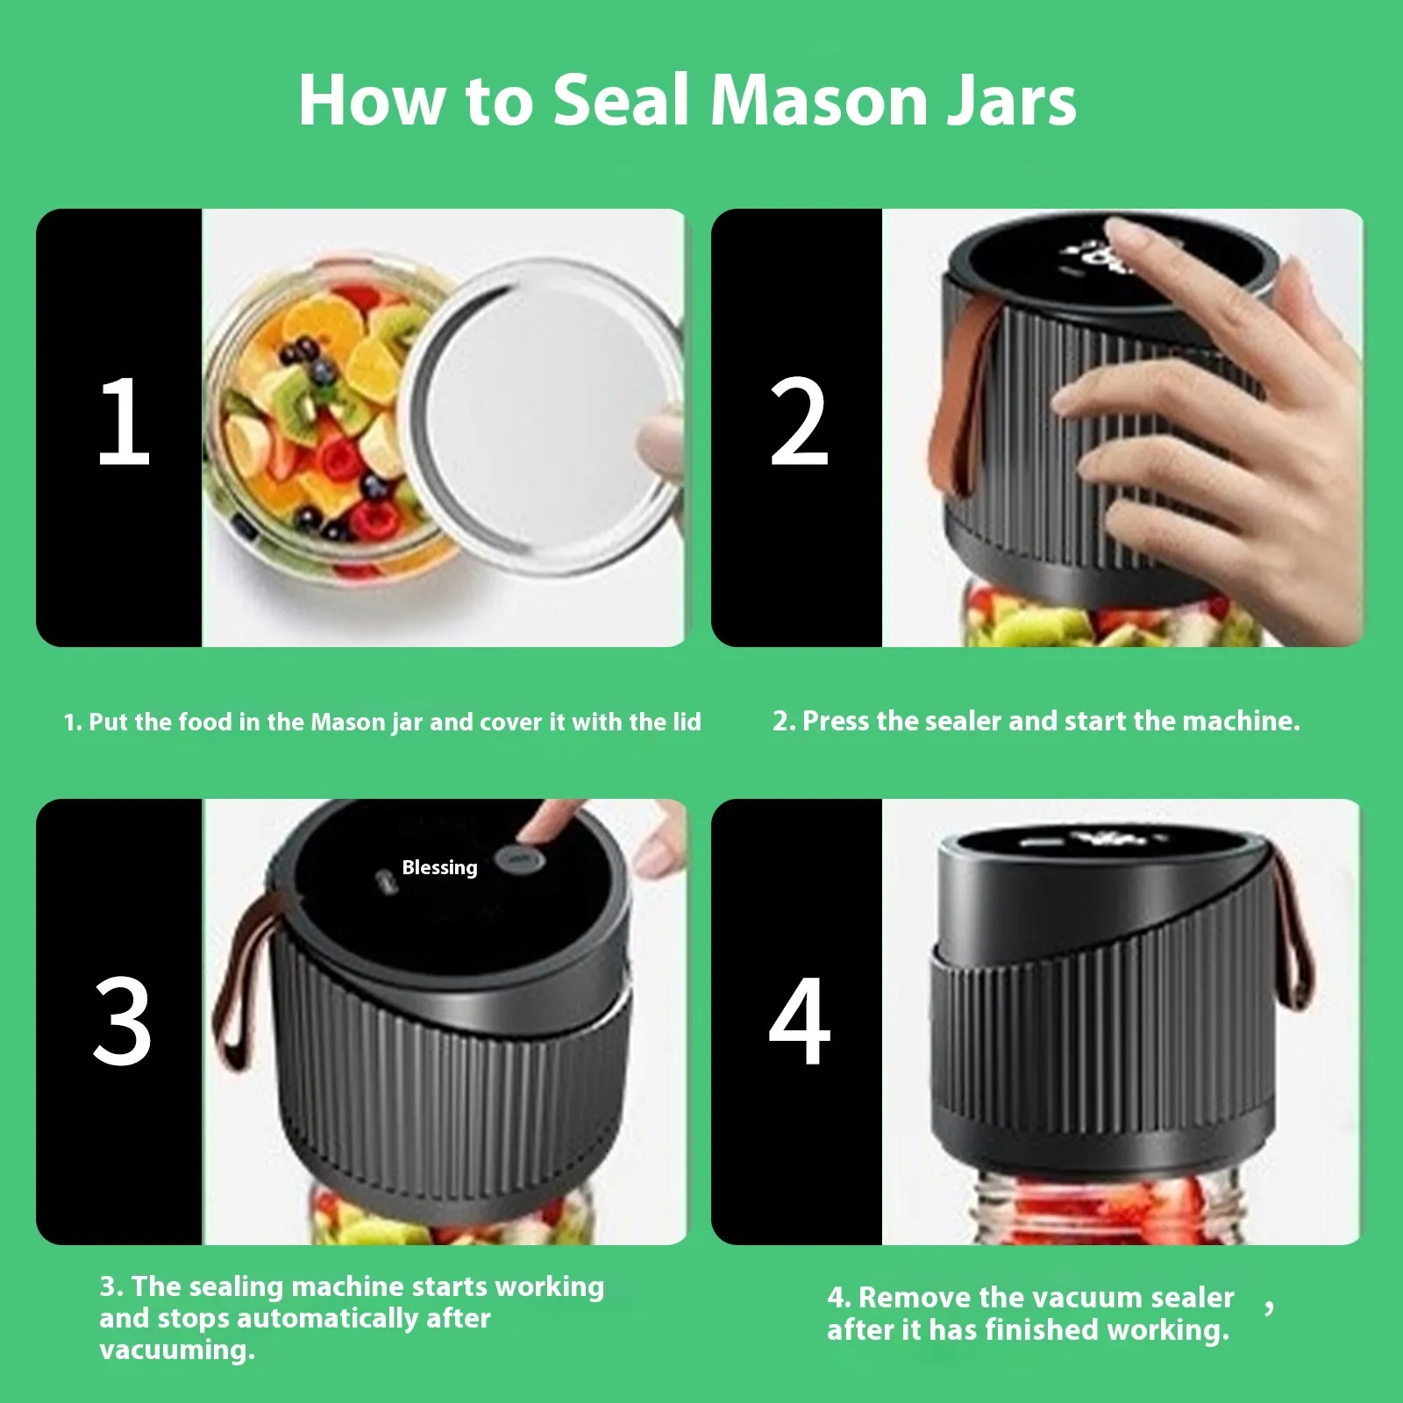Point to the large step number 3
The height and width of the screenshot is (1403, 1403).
pos(123,1021)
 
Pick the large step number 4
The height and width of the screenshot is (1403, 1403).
pos(799,1021)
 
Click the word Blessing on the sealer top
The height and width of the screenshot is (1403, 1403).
pos(439,868)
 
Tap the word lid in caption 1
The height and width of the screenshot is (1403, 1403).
pos(687,722)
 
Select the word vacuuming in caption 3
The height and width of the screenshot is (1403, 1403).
pos(177,1350)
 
